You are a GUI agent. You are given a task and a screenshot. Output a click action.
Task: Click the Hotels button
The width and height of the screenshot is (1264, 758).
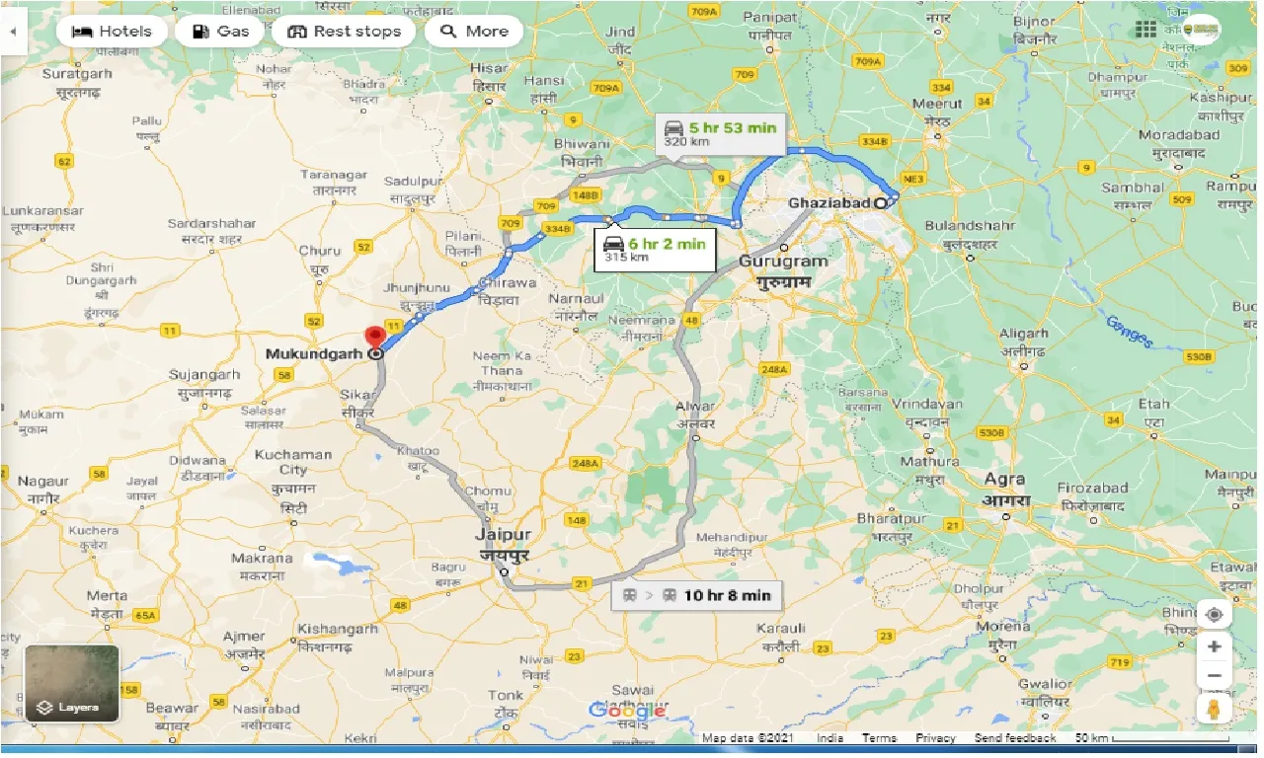(114, 31)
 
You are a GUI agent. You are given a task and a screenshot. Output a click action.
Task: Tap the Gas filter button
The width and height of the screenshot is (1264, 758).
(220, 31)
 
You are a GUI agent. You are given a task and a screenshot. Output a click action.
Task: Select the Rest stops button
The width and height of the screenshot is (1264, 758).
(345, 31)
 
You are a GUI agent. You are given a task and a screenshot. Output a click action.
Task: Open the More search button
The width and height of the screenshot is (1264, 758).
(474, 31)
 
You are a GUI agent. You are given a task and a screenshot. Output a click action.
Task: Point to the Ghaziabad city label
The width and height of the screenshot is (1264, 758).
(829, 203)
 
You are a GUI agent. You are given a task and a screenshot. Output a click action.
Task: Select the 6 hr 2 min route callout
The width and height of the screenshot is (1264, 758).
(654, 249)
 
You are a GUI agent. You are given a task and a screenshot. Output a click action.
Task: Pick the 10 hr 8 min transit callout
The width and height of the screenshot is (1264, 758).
(697, 595)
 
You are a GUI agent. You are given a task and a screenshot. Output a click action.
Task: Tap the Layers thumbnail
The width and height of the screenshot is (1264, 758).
(71, 683)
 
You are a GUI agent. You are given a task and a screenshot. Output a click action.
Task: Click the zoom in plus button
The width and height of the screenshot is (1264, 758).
(1214, 646)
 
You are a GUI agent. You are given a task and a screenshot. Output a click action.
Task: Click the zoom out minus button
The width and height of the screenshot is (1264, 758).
(1214, 676)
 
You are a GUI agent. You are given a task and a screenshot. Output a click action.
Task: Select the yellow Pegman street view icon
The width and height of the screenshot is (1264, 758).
(1214, 709)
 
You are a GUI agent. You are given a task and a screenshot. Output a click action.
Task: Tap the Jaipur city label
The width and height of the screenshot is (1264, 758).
(496, 535)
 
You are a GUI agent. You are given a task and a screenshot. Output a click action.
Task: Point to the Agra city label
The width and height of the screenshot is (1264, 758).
(1007, 480)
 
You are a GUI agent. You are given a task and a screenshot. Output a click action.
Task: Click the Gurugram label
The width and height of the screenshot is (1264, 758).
(783, 262)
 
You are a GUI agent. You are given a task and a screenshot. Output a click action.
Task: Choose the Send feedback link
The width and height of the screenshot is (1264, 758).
(1014, 738)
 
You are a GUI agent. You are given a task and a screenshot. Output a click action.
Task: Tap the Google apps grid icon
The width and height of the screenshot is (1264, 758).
(1145, 31)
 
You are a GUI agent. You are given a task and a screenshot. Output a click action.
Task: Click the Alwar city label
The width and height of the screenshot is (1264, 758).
(695, 406)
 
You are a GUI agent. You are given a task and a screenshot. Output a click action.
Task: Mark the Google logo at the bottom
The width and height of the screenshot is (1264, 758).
(627, 711)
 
